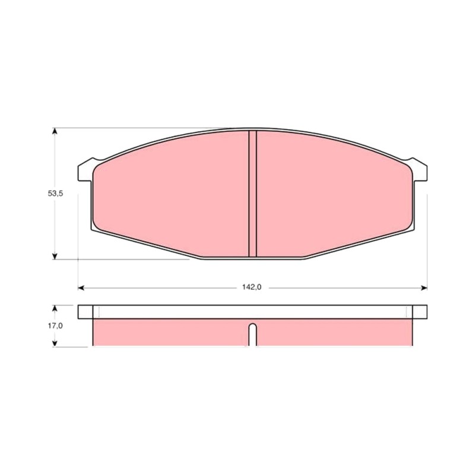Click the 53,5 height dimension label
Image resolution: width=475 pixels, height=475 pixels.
(x=55, y=194)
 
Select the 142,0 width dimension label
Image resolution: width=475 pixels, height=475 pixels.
(x=251, y=287)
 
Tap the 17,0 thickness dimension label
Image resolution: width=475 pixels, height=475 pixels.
(x=55, y=325)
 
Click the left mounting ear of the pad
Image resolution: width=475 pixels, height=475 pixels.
(x=85, y=170)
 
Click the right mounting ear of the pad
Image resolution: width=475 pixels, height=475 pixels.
(x=420, y=170)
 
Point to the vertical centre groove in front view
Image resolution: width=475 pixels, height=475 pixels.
(x=253, y=194)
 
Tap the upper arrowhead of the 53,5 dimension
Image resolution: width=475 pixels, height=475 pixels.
(x=55, y=131)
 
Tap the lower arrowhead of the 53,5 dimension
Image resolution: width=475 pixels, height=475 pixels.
(x=55, y=256)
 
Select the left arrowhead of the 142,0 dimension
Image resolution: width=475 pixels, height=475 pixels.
(x=81, y=288)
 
